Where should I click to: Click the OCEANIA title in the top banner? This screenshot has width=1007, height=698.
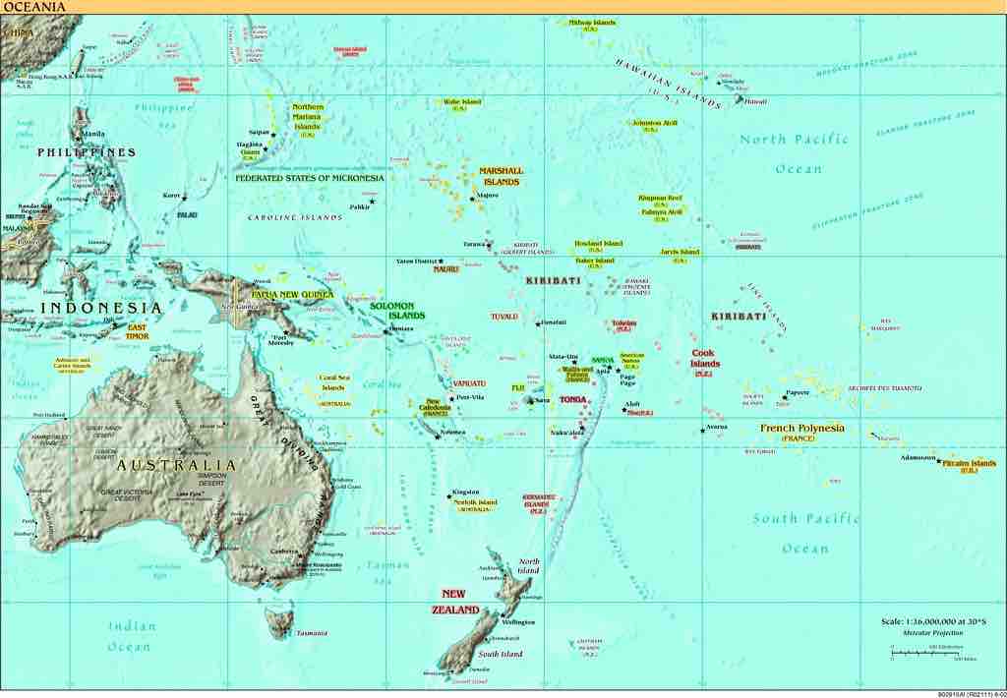[34, 7]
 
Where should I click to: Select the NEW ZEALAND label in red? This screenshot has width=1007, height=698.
[453, 602]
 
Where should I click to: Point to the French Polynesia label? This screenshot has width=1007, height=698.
[802, 429]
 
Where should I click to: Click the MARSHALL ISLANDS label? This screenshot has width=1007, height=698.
[502, 176]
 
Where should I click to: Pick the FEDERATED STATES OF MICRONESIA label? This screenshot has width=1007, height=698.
[310, 179]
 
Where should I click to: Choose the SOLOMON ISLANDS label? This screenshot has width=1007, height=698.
[397, 311]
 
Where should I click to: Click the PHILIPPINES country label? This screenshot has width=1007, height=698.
[87, 152]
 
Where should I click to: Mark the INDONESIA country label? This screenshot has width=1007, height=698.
[101, 308]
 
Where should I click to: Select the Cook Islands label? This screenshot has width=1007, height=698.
[705, 359]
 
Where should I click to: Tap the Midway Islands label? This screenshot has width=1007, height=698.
[592, 23]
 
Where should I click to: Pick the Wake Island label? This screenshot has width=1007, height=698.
[461, 101]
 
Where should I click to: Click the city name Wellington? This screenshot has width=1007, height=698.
[518, 622]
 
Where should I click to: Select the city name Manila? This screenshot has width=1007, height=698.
[94, 134]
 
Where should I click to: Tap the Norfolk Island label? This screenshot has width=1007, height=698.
[475, 502]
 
